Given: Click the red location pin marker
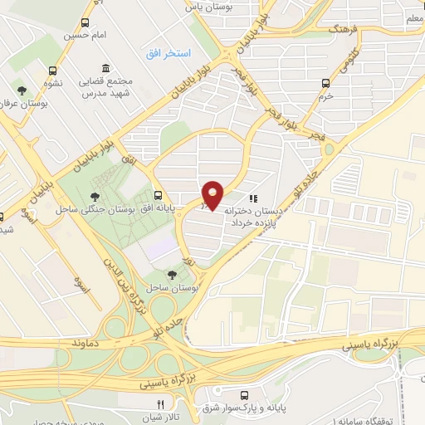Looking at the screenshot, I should [x=213, y=195].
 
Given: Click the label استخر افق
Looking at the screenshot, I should [x=167, y=53].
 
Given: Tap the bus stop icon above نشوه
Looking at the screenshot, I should [x=53, y=71].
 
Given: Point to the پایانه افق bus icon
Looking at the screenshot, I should [x=158, y=194].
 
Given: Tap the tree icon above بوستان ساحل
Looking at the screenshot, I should [x=171, y=273].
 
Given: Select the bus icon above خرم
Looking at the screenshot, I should [x=325, y=83].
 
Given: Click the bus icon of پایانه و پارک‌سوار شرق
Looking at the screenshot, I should [x=244, y=395].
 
